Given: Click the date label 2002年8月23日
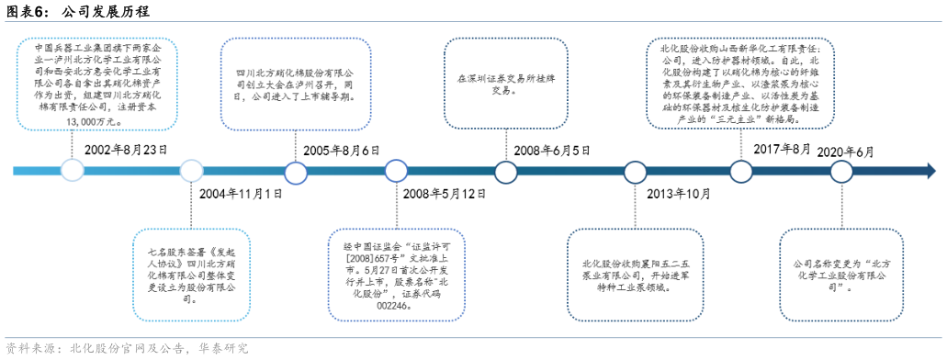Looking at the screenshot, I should coord(125,149).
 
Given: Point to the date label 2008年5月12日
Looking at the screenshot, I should coord(445,194).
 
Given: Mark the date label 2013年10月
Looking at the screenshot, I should coord(678,194).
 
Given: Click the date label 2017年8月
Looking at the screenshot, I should coord(782,149).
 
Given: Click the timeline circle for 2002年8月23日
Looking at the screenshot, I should coord(72,170).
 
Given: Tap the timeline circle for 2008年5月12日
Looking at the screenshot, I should coord(396,171).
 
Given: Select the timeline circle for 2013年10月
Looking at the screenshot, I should coord(636,171).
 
